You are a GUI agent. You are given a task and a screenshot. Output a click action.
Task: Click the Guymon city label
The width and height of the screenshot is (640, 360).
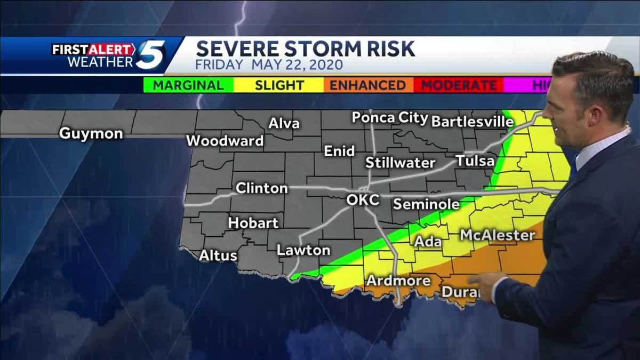coord(91,133)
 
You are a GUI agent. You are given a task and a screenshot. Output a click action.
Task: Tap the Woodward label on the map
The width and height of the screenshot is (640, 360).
coord(225,141)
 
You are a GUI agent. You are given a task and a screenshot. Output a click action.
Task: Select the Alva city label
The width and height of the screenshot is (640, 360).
coord(284,124)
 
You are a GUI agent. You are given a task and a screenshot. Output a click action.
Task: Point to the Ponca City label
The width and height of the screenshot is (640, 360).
coord(390,118)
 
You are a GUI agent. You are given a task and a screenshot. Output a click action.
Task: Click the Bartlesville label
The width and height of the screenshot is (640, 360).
coord(472,122)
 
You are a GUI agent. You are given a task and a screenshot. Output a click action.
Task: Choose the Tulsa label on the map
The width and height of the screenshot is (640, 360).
coord(475,161)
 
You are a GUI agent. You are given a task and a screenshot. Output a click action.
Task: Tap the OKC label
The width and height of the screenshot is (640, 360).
coord(363,200)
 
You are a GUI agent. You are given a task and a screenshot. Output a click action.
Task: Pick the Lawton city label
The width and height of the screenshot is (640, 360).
coord(303,250)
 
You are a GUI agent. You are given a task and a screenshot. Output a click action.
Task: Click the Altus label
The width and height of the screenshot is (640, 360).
coord(218,256)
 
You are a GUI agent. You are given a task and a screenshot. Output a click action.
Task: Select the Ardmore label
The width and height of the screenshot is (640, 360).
coord(398,281)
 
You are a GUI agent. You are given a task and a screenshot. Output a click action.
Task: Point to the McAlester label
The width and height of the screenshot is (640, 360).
coord(497,235)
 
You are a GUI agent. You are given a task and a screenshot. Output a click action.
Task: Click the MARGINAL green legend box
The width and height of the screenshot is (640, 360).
coord(189,85)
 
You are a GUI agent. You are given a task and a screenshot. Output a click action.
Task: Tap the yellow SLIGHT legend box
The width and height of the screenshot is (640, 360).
coord(279,85)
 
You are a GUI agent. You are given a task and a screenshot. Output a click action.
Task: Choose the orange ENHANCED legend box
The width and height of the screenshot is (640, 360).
coord(367,85)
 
